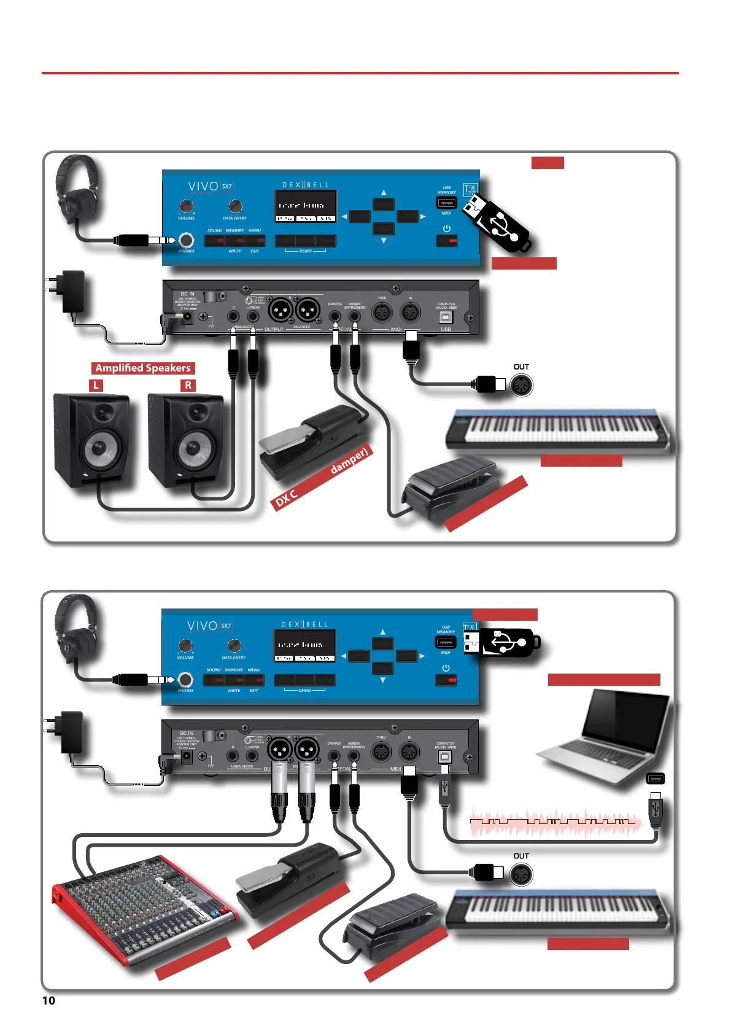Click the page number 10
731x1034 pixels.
[x=48, y=1000]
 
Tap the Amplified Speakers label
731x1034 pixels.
[x=143, y=368]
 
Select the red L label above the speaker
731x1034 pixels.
[x=96, y=385]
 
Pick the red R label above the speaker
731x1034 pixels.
[x=188, y=385]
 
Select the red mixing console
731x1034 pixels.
[x=144, y=909]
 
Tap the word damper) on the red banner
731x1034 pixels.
[x=349, y=461]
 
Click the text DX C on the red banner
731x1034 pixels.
[x=286, y=498]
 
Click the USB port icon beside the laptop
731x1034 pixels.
[x=656, y=779]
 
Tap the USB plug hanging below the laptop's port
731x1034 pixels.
[x=656, y=810]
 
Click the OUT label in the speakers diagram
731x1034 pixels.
[x=521, y=367]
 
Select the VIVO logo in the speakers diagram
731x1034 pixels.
[x=203, y=186]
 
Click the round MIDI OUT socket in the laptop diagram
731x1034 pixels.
[x=521, y=874]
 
